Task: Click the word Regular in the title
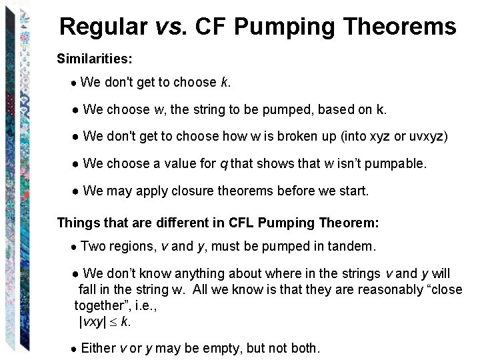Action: [103, 27]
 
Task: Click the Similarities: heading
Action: [95, 59]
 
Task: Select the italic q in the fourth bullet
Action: [224, 164]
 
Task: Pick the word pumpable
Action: [399, 163]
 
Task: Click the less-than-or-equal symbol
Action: [114, 321]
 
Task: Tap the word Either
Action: [98, 348]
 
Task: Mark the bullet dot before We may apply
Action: [77, 191]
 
